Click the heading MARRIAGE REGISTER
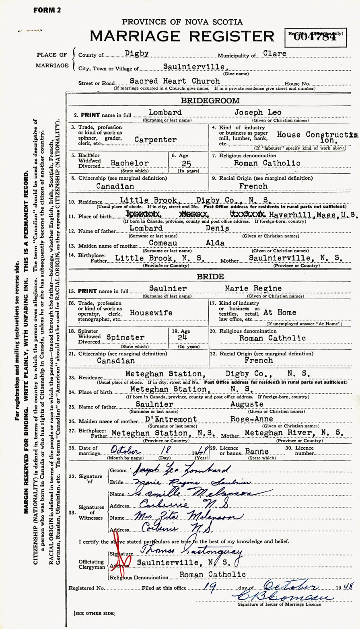(x=182, y=37)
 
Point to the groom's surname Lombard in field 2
(x=165, y=113)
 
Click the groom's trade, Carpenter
(x=156, y=140)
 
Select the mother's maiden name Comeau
(x=165, y=243)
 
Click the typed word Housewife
(x=151, y=312)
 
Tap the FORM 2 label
(x=47, y=11)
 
